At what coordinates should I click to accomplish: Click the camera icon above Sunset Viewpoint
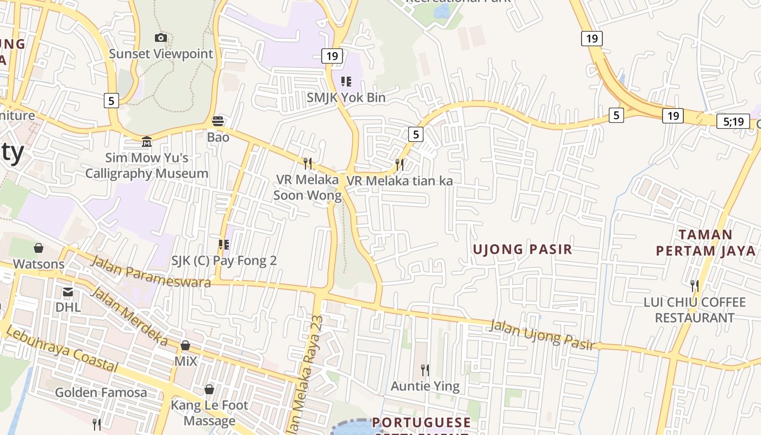click(160, 38)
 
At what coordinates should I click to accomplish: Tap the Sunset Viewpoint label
click(161, 54)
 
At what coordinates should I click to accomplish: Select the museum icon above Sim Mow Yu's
click(147, 142)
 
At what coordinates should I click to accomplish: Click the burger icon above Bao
click(218, 121)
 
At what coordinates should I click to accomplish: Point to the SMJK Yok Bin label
click(346, 98)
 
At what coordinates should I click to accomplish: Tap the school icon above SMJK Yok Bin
click(346, 82)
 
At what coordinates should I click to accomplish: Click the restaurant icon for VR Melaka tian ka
click(400, 164)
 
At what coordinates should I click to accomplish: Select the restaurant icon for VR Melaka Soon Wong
click(308, 163)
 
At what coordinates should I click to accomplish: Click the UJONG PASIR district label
click(522, 250)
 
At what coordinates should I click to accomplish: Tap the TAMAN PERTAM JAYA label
click(706, 243)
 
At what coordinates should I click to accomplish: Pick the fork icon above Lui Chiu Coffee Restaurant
click(694, 285)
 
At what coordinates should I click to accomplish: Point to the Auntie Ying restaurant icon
click(425, 370)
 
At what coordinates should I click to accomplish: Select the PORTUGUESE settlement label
click(421, 422)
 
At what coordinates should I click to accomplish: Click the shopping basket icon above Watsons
click(39, 248)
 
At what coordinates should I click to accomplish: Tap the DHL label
click(68, 307)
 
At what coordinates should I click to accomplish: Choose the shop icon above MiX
click(185, 346)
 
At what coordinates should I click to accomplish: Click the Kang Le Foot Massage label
click(209, 413)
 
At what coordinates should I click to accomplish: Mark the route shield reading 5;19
click(734, 121)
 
